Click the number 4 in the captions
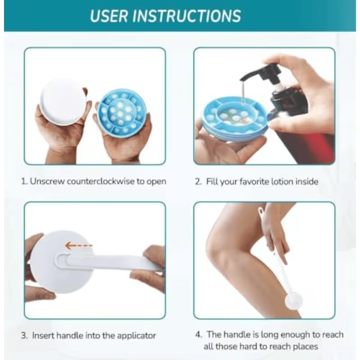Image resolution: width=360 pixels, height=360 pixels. point(198,335)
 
